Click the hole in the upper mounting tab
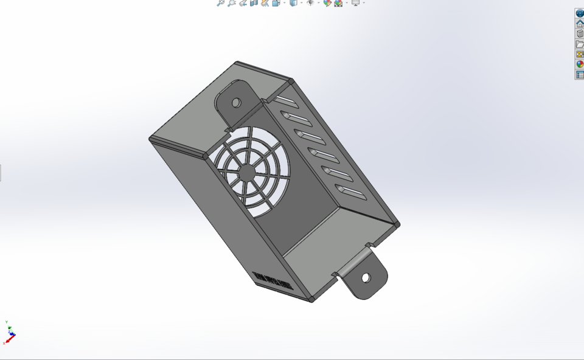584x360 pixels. pos(236,103)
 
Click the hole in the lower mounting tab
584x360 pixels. pos(366,278)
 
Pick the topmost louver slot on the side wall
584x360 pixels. pos(284,100)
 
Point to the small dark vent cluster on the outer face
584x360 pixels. pos(273,282)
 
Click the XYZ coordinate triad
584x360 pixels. pos(10,333)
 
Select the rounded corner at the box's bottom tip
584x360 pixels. pos(312,299)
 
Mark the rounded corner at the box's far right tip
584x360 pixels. pos(397,224)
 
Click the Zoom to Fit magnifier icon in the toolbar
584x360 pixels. pos(221,3)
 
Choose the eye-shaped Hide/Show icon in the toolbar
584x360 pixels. pos(310,3)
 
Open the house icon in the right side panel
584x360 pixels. pos(580,23)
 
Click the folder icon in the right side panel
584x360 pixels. pos(580,44)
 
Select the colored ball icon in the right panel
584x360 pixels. pos(580,64)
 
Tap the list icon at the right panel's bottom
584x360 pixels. pos(580,75)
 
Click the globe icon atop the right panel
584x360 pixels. pos(580,13)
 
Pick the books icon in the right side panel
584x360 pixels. pos(580,33)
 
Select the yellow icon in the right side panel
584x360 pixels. pos(580,54)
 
